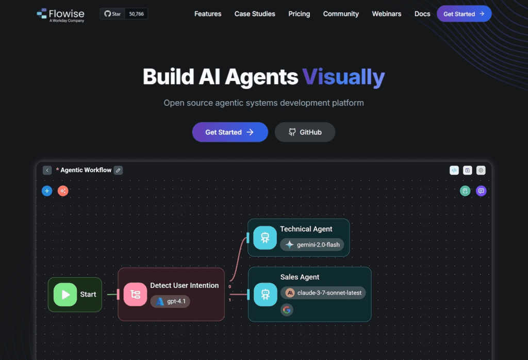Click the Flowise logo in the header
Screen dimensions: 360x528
click(x=60, y=14)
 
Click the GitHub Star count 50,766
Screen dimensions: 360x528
click(x=136, y=14)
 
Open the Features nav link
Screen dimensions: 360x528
click(x=208, y=14)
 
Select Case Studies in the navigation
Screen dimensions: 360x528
click(x=255, y=14)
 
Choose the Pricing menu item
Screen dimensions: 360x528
click(x=299, y=14)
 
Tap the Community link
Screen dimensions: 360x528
click(x=341, y=14)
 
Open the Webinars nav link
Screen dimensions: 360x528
click(x=387, y=14)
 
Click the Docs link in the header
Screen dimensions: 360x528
click(x=422, y=14)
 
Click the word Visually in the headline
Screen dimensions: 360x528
click(x=343, y=77)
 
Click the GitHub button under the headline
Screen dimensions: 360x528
click(x=305, y=132)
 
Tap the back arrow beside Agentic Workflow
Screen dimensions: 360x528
click(x=47, y=170)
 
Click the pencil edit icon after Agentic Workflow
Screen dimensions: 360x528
click(x=118, y=170)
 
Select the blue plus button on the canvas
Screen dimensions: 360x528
click(x=47, y=191)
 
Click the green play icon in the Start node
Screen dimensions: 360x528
click(x=65, y=294)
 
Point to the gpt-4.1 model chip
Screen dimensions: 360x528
click(x=170, y=301)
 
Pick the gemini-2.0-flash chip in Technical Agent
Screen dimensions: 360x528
click(x=312, y=244)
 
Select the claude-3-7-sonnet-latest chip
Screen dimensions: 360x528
click(x=323, y=292)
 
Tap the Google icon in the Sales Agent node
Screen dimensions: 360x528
click(x=287, y=310)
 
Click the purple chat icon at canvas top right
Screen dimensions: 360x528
click(x=481, y=191)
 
